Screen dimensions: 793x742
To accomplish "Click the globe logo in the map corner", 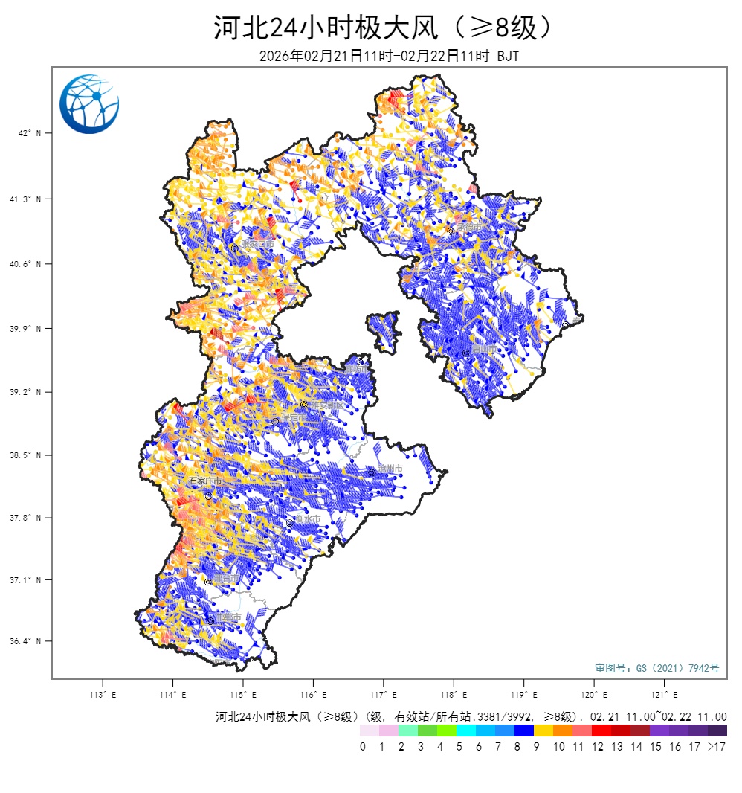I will tap(89, 104).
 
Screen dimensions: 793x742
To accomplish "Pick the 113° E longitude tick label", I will tap(102, 695).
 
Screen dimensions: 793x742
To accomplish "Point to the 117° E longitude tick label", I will tap(384, 695).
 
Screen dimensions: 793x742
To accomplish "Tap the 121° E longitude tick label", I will tap(665, 695).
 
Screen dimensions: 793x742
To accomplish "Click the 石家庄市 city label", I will tap(205, 481).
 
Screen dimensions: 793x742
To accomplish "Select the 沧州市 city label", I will tap(390, 469).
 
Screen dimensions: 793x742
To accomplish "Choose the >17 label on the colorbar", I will tap(717, 746).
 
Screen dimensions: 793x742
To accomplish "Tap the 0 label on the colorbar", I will tap(363, 746).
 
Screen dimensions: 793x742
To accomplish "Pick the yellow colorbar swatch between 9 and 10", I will tap(543, 731).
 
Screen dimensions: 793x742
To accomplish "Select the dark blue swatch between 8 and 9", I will tap(524, 731).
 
